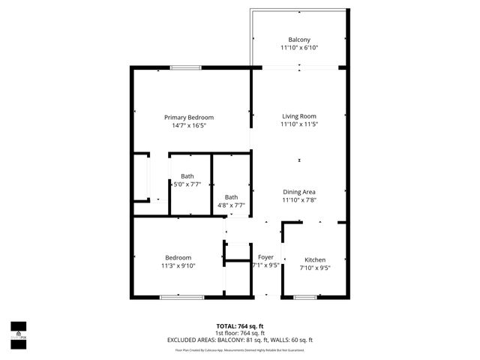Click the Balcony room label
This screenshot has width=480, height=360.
(299, 40)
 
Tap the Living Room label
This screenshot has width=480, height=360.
(299, 116)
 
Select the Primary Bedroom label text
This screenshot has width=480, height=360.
(189, 117)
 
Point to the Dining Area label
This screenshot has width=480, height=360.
(299, 192)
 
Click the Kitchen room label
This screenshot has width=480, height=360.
(314, 259)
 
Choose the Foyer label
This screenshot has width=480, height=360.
(265, 257)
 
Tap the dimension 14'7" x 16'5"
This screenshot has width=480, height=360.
(189, 125)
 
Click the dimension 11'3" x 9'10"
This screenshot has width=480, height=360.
(178, 265)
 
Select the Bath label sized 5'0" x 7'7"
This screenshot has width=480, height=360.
(187, 176)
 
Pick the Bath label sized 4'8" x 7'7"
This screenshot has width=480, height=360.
(231, 197)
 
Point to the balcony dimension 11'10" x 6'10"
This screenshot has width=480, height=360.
(299, 48)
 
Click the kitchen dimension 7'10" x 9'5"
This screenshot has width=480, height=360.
(314, 268)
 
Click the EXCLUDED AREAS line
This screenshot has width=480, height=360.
(240, 340)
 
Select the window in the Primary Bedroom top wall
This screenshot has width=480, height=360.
(185, 68)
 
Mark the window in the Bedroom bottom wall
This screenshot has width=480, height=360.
(181, 298)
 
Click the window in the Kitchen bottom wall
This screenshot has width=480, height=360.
(304, 298)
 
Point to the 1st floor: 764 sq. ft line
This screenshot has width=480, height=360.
(240, 333)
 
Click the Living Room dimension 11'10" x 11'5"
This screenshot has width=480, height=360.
(299, 124)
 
